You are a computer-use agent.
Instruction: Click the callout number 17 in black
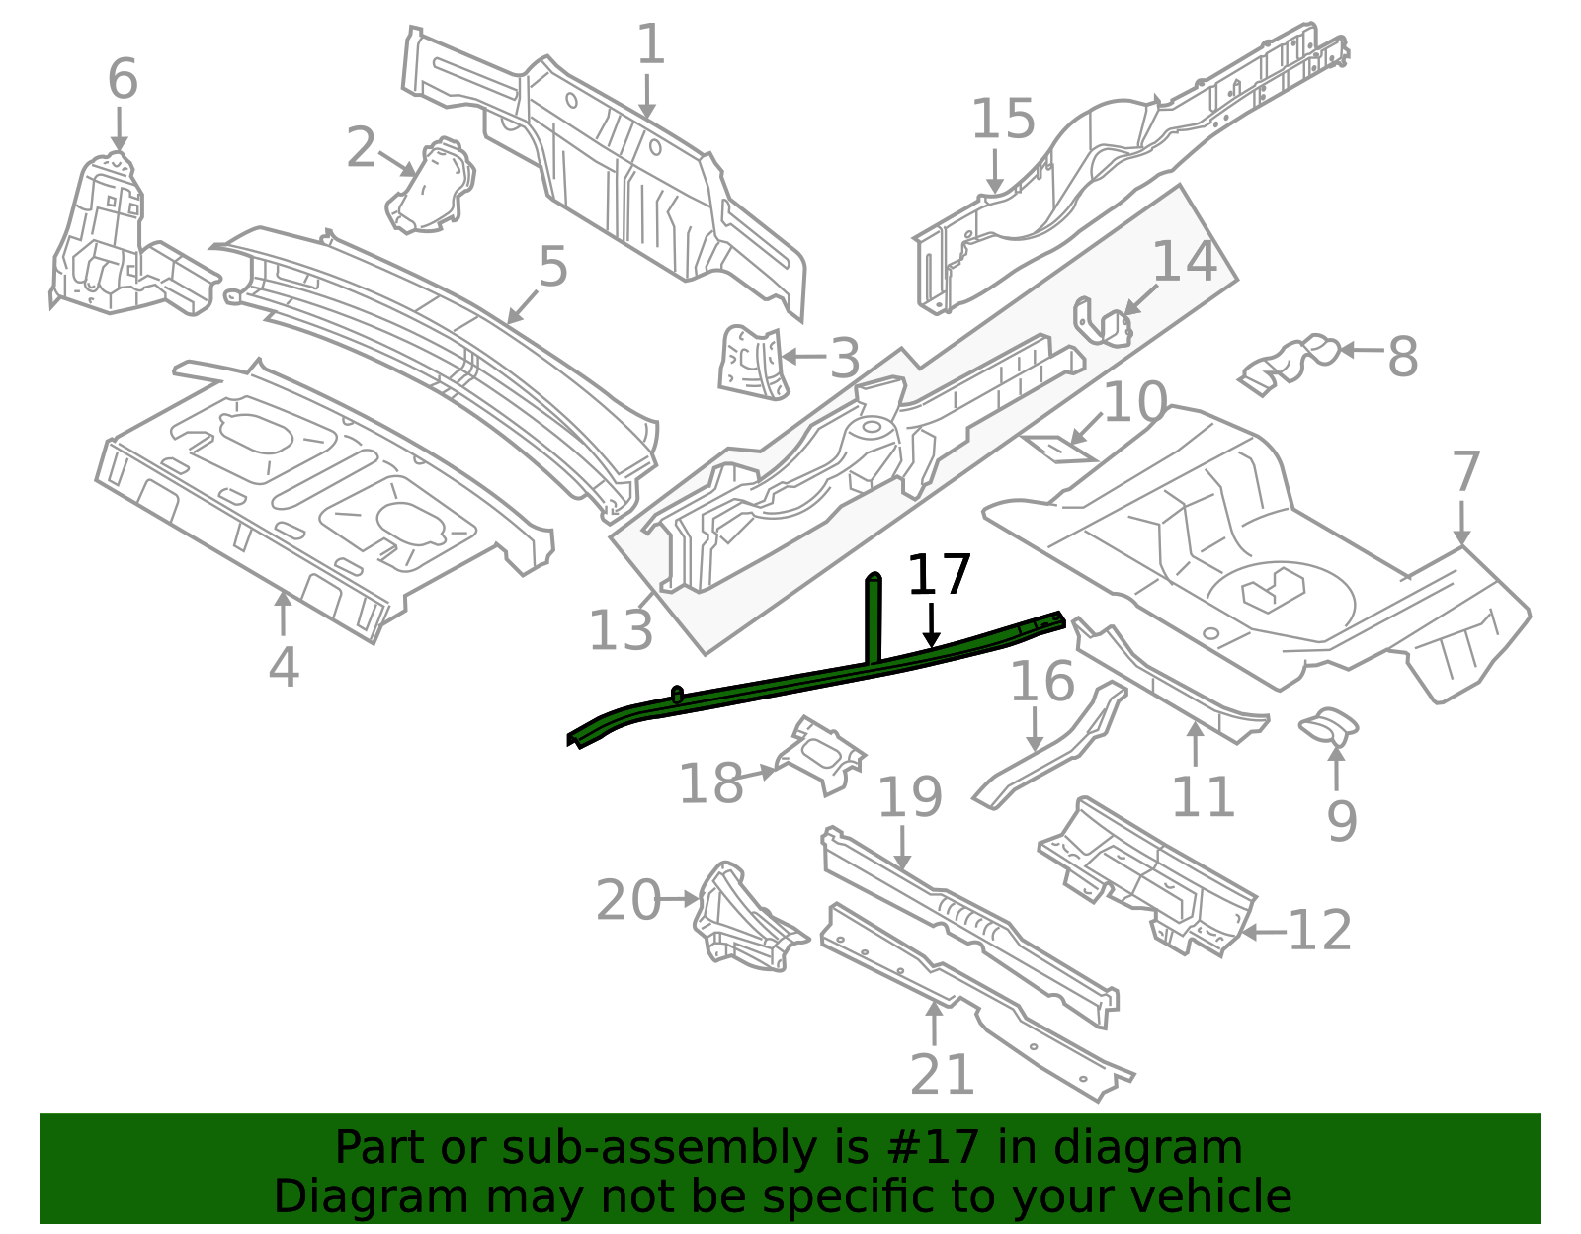[x=940, y=574]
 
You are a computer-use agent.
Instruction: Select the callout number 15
[x=1003, y=119]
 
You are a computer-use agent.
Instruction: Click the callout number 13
[x=620, y=629]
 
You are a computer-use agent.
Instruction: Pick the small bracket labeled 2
[x=432, y=186]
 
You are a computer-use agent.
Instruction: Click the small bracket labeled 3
[x=753, y=363]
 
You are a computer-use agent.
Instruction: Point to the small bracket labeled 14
[x=1103, y=321]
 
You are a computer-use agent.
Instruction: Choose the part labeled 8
[x=1290, y=363]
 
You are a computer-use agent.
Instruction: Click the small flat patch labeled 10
[x=1059, y=449]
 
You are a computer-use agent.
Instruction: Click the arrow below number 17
[x=931, y=624]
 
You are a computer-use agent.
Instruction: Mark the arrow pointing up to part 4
[x=283, y=614]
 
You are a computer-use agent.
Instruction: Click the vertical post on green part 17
[x=874, y=618]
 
